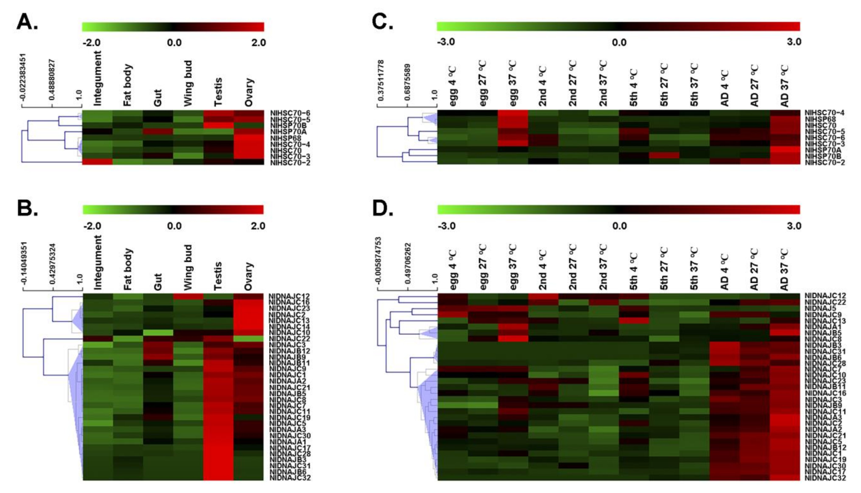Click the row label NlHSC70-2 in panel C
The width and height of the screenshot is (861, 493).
pyautogui.click(x=825, y=162)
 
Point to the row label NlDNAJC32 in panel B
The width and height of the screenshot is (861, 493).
pyautogui.click(x=290, y=478)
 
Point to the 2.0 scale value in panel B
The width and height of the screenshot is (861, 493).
pyautogui.click(x=258, y=226)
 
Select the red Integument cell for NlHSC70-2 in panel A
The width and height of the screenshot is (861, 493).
pyautogui.click(x=98, y=162)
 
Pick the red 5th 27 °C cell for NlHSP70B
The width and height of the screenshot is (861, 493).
pyautogui.click(x=664, y=155)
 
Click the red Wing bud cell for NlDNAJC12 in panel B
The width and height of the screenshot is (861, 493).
pyautogui.click(x=188, y=297)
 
